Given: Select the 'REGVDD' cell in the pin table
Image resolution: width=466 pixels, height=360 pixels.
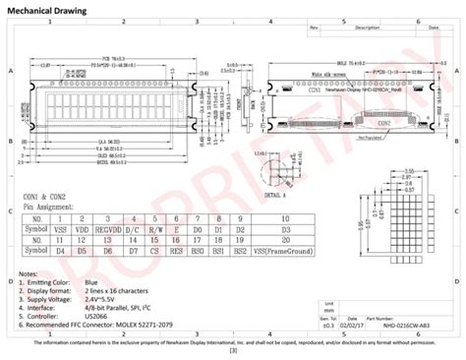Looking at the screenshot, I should tap(106, 227).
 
